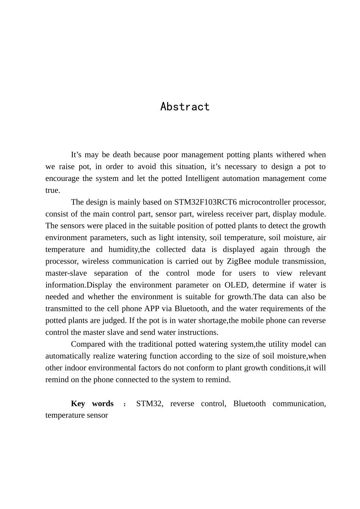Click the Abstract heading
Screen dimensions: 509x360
coord(185,107)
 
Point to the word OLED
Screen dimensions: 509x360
coord(235,285)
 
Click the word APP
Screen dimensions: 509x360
coord(152,308)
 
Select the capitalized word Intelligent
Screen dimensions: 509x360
coord(202,178)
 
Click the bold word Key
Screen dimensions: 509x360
coord(78,403)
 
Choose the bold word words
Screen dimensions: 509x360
coord(103,403)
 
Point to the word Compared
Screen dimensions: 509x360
coord(88,344)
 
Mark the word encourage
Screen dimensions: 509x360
coord(62,178)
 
